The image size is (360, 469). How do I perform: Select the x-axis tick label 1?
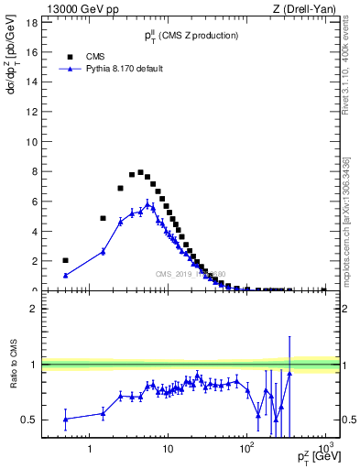(x=90, y=449)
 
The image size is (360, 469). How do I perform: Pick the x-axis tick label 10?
(x=168, y=449)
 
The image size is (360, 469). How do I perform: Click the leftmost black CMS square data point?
(x=65, y=260)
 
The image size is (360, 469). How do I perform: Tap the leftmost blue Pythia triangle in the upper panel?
(x=65, y=275)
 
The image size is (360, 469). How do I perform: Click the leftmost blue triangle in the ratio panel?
(x=65, y=419)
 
